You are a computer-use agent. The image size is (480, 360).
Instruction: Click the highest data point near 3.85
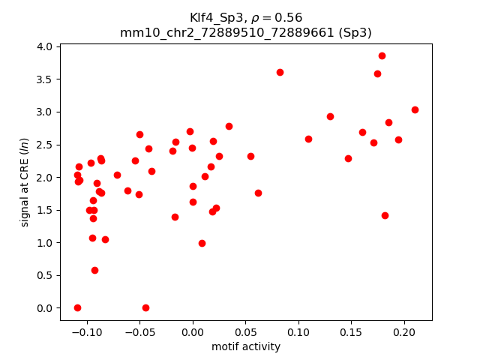click(382, 55)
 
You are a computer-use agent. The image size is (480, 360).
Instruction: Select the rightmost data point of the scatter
click(415, 109)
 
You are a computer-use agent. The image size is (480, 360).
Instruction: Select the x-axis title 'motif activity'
click(246, 346)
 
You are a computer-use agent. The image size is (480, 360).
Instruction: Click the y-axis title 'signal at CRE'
click(25, 177)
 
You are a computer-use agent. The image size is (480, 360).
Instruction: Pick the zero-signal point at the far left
click(77, 307)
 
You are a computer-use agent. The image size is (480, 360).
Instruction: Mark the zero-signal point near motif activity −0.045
click(145, 307)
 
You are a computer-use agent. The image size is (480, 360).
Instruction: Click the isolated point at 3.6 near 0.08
click(280, 72)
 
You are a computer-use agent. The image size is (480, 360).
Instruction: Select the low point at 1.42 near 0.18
click(385, 215)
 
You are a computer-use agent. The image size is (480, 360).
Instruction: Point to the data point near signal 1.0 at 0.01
click(202, 243)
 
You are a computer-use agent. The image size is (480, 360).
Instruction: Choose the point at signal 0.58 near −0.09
click(94, 270)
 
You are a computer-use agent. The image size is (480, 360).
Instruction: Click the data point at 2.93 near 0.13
click(330, 116)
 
